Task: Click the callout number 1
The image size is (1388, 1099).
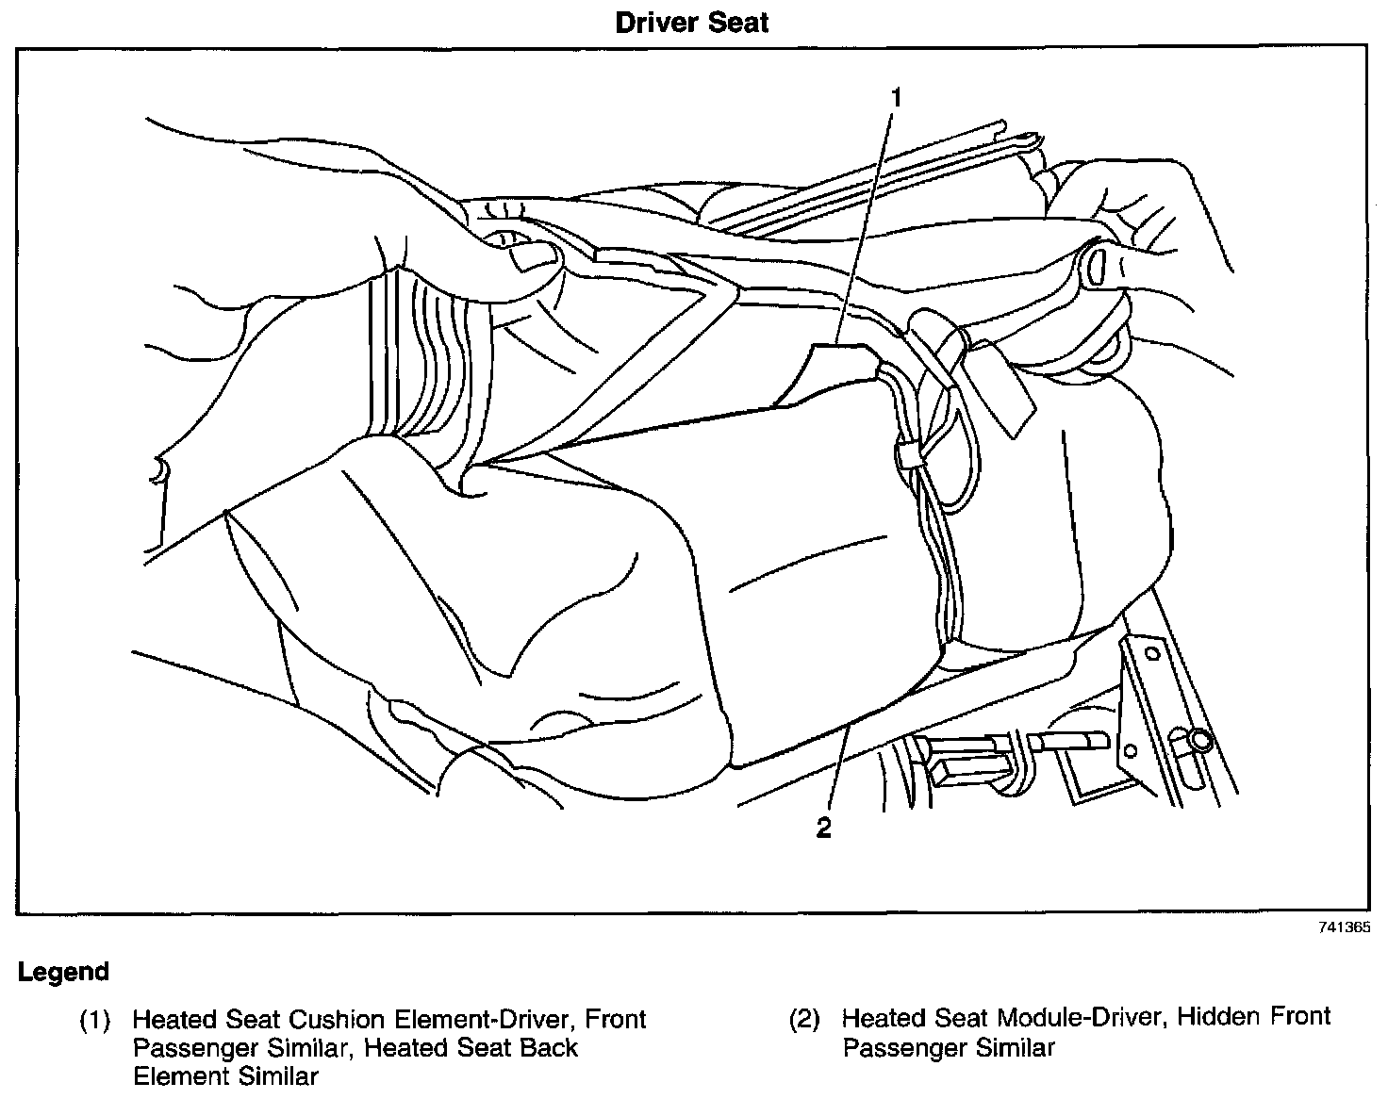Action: pos(897,97)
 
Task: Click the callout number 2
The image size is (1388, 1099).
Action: pos(824,828)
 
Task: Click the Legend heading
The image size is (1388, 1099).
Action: pos(63,972)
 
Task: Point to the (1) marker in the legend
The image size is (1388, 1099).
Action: pos(94,1021)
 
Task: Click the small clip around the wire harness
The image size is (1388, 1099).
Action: pos(911,457)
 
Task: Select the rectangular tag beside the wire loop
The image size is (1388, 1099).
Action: pos(1001,386)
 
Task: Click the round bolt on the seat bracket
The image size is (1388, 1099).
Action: pos(1198,740)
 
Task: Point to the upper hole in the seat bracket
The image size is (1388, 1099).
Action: pos(1150,652)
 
